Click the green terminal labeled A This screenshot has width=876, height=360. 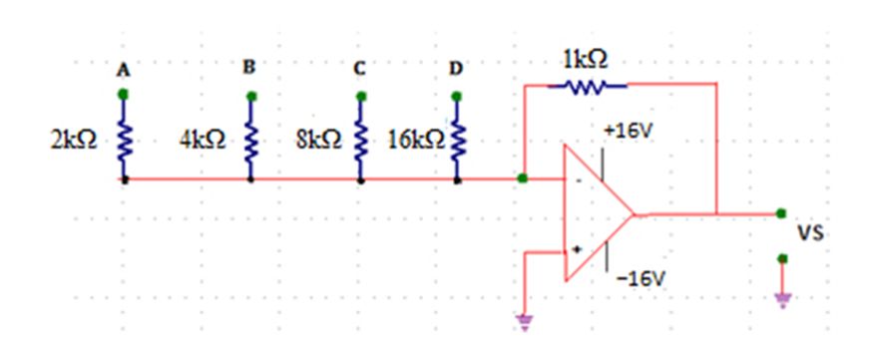pyautogui.click(x=124, y=95)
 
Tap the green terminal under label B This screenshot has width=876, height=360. pyautogui.click(x=251, y=97)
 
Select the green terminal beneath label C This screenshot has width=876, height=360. pyautogui.click(x=361, y=96)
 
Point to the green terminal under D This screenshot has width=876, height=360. pyautogui.click(x=457, y=96)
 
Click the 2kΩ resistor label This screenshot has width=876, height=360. pyautogui.click(x=74, y=141)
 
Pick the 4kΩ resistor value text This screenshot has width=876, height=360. pyautogui.click(x=203, y=141)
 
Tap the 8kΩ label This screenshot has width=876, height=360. pyautogui.click(x=319, y=141)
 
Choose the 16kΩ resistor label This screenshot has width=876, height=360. pyautogui.click(x=417, y=141)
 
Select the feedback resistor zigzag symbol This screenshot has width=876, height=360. pyautogui.click(x=587, y=86)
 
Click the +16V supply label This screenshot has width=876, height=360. pyautogui.click(x=628, y=134)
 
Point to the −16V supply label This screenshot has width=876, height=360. pyautogui.click(x=642, y=279)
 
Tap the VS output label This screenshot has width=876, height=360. pyautogui.click(x=809, y=233)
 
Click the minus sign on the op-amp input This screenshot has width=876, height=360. pyautogui.click(x=579, y=180)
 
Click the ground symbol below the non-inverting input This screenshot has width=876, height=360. pyautogui.click(x=524, y=323)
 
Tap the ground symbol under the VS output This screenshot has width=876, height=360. pyautogui.click(x=782, y=300)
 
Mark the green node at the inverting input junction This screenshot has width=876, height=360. pyautogui.click(x=523, y=179)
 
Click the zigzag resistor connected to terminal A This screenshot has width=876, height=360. pyautogui.click(x=124, y=140)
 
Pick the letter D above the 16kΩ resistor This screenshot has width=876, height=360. pyautogui.click(x=456, y=69)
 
